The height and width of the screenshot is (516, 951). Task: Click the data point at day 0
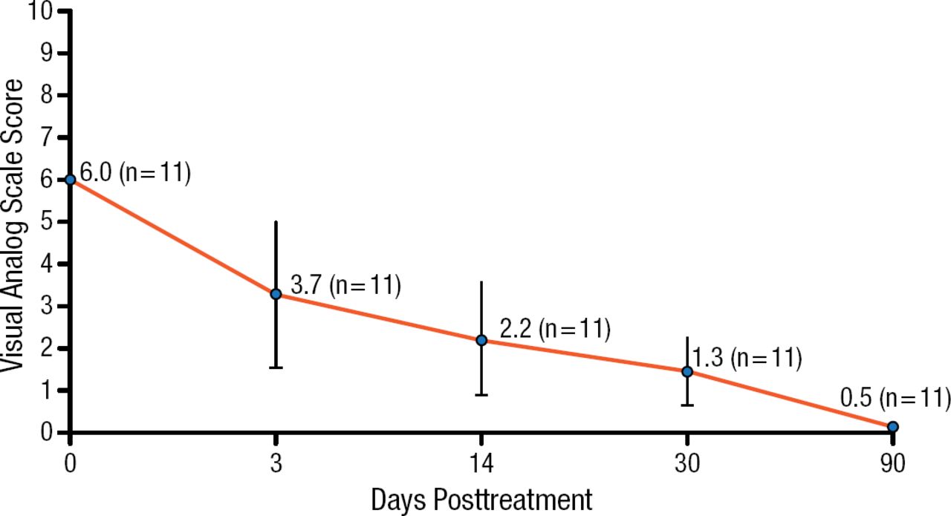click(70, 180)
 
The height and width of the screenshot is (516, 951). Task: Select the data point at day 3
click(276, 294)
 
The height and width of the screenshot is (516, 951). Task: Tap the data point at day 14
click(481, 340)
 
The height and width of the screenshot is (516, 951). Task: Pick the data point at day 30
click(687, 371)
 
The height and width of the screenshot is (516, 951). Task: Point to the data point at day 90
click(893, 427)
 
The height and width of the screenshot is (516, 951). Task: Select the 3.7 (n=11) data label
click(345, 286)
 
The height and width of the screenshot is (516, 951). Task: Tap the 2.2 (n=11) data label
click(555, 329)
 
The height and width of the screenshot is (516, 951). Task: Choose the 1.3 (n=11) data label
click(747, 359)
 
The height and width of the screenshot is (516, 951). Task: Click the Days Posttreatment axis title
click(481, 499)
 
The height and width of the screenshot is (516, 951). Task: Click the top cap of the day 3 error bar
click(276, 221)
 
